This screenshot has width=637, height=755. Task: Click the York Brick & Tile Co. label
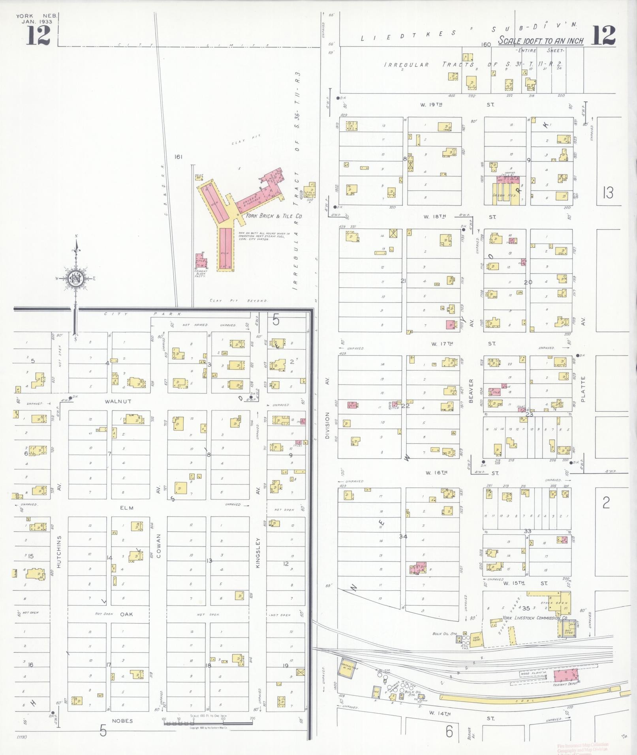coord(274,216)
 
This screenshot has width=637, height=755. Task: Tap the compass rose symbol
coord(75,278)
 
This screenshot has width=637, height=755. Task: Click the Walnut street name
coord(118,401)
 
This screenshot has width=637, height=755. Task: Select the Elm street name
coord(126,508)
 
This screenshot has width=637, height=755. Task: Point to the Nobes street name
coord(122,721)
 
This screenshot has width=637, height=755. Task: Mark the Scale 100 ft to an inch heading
coord(541,41)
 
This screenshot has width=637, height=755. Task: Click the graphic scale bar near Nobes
coord(208,723)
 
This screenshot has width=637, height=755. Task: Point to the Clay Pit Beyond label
coord(239,301)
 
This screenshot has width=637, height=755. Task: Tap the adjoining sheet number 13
coord(608,193)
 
